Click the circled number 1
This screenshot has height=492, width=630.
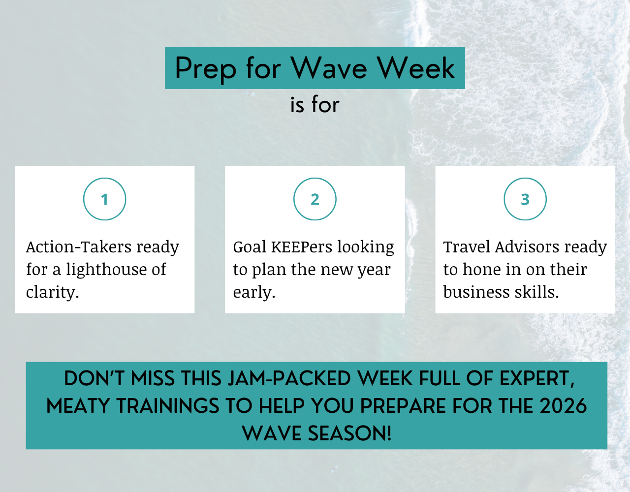[104, 199]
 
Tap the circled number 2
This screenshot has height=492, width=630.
[315, 199]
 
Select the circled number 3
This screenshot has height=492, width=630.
[525, 199]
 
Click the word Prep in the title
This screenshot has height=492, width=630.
[206, 69]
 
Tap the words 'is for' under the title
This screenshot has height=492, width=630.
[315, 104]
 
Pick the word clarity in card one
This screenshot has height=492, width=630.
[53, 293]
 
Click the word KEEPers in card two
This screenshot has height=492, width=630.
[302, 247]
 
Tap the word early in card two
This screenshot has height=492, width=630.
[254, 293]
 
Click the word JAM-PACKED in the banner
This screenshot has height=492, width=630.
[289, 379]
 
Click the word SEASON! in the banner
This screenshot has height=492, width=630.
[349, 433]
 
